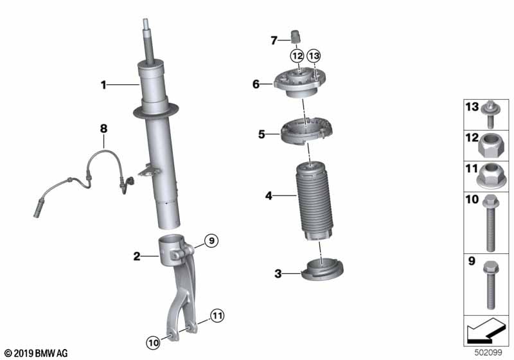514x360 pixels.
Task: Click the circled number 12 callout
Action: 297,56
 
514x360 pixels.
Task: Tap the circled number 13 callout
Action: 314,56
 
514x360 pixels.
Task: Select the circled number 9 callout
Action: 211,241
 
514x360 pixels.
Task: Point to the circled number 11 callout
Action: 217,316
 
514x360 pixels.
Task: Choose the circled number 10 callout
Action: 153,343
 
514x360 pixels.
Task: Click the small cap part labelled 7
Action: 296,36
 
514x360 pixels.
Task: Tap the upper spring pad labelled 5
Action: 306,130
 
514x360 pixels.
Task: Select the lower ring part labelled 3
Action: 323,270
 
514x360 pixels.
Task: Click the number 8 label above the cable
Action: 103,129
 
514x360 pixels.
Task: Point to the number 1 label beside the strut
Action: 103,85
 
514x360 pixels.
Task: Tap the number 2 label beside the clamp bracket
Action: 137,256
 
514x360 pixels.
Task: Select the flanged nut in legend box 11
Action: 490,176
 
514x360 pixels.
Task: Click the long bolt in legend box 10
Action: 491,223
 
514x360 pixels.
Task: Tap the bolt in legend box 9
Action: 491,285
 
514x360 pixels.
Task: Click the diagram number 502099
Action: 488,352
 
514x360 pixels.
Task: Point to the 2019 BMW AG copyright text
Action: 35,353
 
